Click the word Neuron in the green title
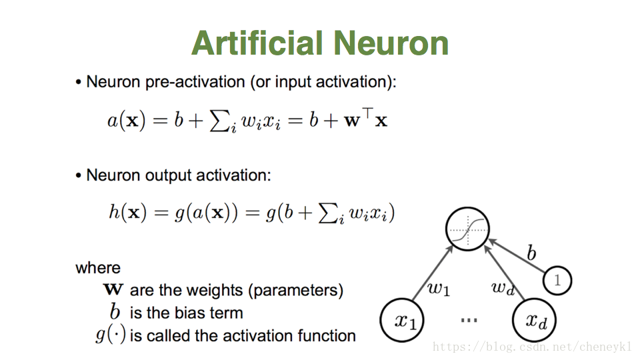(x=391, y=43)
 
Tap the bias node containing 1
(x=557, y=281)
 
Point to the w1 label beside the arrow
(x=438, y=289)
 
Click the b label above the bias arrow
(x=531, y=253)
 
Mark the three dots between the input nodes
(x=469, y=321)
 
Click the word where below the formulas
(x=98, y=268)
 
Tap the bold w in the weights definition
(x=113, y=290)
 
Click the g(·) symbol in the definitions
(x=111, y=335)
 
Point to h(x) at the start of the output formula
(x=127, y=213)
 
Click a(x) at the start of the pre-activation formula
(x=126, y=121)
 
